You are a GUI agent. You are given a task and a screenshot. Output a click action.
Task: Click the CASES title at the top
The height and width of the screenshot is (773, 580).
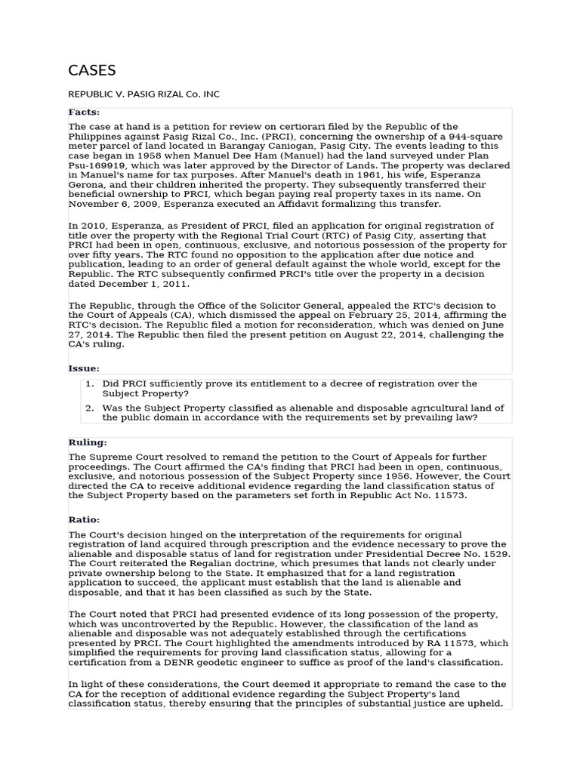click(x=91, y=71)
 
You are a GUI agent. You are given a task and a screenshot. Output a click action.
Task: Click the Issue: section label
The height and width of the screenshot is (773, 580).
click(x=84, y=368)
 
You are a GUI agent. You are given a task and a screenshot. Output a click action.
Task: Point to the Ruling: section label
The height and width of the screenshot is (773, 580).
click(x=88, y=442)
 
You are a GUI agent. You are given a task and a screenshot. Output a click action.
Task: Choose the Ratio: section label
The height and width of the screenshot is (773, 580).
click(x=84, y=520)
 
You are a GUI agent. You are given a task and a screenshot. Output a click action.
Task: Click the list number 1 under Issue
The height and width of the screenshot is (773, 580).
click(x=89, y=384)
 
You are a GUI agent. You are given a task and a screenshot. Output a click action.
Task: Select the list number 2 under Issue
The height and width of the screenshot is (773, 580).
click(x=89, y=408)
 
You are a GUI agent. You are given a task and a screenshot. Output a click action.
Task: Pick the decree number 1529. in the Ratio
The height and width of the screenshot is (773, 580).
click(x=494, y=553)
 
